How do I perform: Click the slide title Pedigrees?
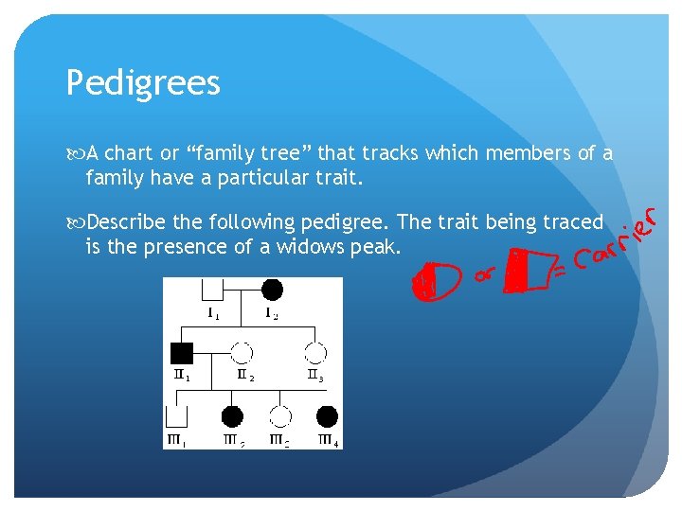143,84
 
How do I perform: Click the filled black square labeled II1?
182,354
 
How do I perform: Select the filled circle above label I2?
272,290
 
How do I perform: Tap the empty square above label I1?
213,288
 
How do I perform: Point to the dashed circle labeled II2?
242,353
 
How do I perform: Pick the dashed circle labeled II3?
316,353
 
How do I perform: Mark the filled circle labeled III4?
327,416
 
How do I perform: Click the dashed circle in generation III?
280,416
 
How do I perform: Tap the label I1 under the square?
214,314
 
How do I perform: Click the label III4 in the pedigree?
329,440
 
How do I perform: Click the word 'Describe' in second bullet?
127,223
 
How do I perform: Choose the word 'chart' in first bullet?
135,153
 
